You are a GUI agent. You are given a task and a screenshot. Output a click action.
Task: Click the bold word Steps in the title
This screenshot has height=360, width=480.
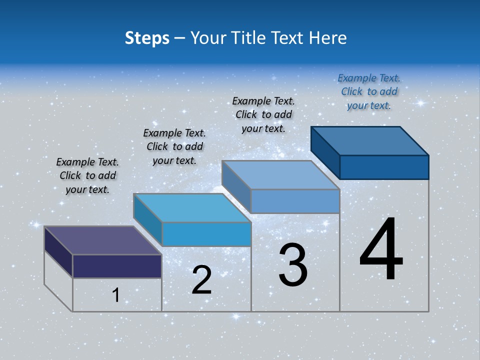click(146, 38)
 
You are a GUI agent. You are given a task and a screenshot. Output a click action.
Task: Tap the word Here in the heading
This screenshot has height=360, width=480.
click(327, 38)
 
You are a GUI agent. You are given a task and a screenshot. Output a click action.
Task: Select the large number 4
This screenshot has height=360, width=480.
click(381, 250)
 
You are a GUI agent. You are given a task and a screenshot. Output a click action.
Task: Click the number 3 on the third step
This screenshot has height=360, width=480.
click(293, 265)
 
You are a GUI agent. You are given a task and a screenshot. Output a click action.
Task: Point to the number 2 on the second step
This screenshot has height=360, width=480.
click(201, 280)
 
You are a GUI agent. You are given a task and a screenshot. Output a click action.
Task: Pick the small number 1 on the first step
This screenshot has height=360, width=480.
click(116, 295)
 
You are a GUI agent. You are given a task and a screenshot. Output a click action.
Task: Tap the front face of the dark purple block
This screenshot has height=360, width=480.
click(117, 266)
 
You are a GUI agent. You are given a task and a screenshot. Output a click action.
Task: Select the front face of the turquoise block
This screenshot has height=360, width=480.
click(206, 234)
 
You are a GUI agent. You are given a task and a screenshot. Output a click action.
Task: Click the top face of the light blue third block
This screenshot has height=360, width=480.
click(280, 175)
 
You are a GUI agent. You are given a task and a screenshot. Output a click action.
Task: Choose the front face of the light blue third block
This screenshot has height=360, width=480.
click(295, 201)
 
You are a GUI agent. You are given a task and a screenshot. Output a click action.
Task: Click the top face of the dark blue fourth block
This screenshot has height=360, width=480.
click(369, 140)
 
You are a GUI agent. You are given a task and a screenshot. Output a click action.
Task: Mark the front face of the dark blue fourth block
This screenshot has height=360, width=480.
click(384, 167)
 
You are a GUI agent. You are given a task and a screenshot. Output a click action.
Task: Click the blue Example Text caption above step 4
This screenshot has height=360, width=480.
click(369, 91)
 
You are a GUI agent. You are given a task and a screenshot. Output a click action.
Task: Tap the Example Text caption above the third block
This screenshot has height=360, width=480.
click(263, 114)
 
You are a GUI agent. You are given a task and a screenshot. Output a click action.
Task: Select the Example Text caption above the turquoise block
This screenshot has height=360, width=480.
click(174, 146)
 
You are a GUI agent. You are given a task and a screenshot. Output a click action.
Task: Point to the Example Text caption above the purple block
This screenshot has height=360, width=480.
click(87, 175)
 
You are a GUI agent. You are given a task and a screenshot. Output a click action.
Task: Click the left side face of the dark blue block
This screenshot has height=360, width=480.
click(325, 153)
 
